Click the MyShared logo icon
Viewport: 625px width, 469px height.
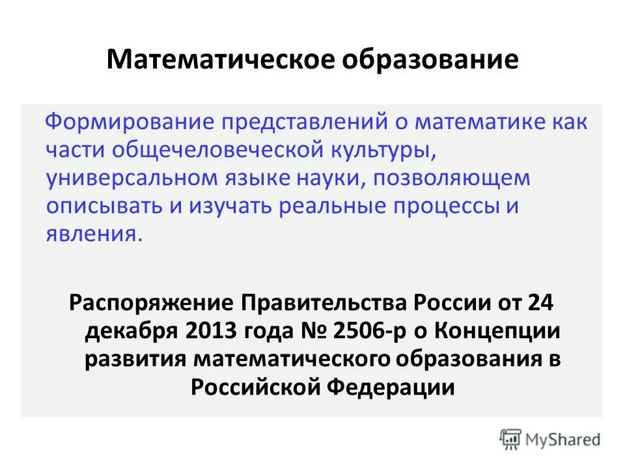511,438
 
